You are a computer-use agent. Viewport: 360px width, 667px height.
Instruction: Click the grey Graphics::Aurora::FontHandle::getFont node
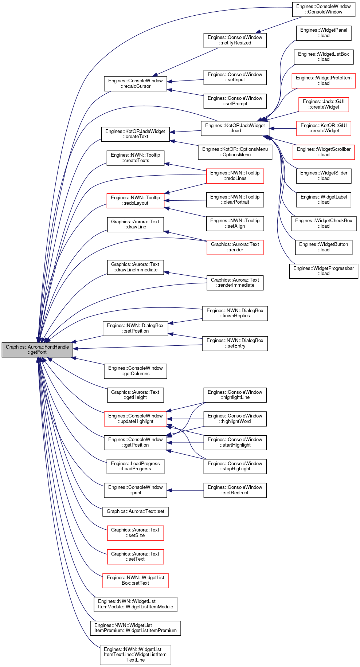(38, 350)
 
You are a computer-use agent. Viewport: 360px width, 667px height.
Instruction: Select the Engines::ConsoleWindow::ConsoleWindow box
(324, 9)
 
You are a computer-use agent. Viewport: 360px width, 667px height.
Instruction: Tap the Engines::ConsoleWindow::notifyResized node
(235, 40)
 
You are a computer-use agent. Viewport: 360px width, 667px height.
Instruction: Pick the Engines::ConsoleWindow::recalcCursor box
(136, 83)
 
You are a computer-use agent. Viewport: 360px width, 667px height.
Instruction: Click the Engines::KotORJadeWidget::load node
(235, 128)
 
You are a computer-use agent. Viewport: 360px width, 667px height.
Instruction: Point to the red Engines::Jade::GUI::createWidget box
(324, 104)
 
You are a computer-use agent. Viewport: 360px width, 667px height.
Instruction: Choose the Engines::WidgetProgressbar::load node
(324, 271)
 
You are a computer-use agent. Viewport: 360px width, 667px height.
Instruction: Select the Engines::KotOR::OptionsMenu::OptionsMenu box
(235, 152)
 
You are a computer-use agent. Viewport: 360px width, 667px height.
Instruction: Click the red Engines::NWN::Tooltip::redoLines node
(235, 176)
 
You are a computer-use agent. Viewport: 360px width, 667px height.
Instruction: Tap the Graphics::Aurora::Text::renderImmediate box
(235, 283)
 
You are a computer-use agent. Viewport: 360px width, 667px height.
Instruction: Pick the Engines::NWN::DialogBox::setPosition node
(136, 328)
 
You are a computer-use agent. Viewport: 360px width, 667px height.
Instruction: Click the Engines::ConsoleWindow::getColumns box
(136, 371)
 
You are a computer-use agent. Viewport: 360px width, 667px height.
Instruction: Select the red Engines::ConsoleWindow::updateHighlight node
(136, 419)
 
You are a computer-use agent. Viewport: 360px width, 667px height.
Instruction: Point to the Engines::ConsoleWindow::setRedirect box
(235, 490)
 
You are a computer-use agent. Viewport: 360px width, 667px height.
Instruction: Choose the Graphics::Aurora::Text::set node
(136, 511)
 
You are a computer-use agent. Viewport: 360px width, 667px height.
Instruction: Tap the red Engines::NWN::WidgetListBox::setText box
(136, 580)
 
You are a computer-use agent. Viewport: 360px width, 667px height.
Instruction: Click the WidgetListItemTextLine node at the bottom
(136, 655)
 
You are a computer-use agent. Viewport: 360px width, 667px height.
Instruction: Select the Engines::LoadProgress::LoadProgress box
(136, 466)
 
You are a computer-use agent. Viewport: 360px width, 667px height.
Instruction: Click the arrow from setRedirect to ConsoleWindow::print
(185, 490)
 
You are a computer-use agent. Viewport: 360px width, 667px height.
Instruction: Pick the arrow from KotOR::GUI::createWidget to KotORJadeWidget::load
(283, 128)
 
